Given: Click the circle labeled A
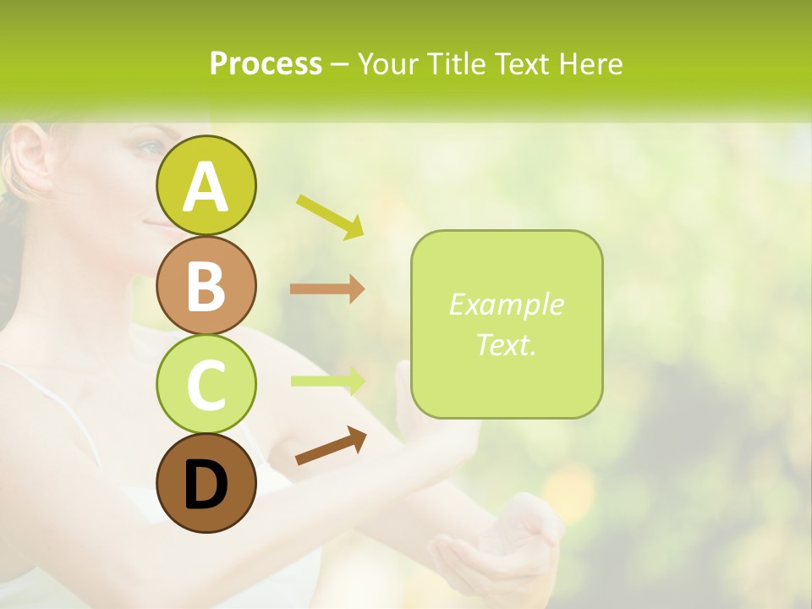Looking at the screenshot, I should pos(206,185).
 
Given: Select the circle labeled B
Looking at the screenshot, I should pos(206,285).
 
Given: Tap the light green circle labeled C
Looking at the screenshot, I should pos(206,384).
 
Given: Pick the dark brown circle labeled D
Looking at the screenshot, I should pos(206,483).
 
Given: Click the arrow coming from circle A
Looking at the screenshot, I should pos(330,217).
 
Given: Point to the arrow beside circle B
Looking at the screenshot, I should pos(327,288).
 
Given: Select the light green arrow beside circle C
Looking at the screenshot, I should pos(327,381).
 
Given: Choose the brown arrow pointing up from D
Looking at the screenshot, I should pos(331,446).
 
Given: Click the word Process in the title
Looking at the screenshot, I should pos(266,63).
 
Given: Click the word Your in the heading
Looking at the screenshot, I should pos(387,63).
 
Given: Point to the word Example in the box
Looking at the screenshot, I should pos(506,304).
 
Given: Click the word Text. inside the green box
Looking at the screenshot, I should pos(506,344).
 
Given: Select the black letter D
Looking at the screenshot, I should pos(206,485).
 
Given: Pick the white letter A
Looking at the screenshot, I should pos(206,187).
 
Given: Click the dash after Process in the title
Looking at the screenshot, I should pos(339,64).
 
